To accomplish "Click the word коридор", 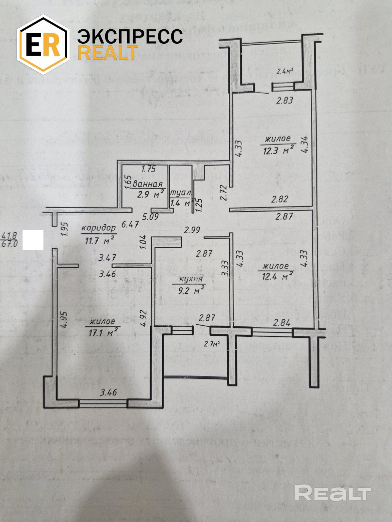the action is pos(99,227).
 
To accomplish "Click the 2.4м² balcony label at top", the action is pos(284,71).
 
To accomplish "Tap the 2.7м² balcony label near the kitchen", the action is pos(211,343).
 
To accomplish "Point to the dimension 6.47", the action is pos(130,224).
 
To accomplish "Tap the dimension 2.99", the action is pos(192,230).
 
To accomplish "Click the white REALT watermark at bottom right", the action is pos(333,492).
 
